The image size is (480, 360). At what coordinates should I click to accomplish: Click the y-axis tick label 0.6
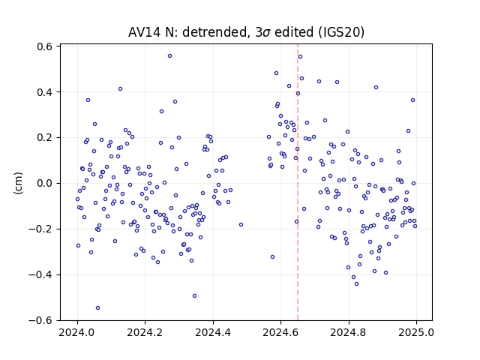pyautogui.click(x=44, y=46)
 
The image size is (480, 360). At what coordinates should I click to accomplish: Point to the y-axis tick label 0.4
pyautogui.click(x=44, y=92)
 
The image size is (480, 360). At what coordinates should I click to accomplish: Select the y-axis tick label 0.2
pyautogui.click(x=44, y=138)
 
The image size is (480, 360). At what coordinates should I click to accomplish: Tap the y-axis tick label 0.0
pyautogui.click(x=44, y=183)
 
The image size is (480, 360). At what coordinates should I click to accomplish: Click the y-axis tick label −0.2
pyautogui.click(x=40, y=229)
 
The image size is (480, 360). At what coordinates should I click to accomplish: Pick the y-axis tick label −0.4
pyautogui.click(x=40, y=275)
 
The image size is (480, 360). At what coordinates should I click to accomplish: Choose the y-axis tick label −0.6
pyautogui.click(x=40, y=320)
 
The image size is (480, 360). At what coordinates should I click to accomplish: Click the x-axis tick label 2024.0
pyautogui.click(x=78, y=332)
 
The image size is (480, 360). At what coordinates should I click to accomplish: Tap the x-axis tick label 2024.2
pyautogui.click(x=145, y=332)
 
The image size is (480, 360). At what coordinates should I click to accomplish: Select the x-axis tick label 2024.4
pyautogui.click(x=213, y=332)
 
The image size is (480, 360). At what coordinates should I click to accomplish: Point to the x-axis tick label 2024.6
pyautogui.click(x=280, y=332)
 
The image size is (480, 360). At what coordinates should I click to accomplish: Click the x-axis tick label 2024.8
pyautogui.click(x=348, y=332)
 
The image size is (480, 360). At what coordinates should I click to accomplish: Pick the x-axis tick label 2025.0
pyautogui.click(x=416, y=332)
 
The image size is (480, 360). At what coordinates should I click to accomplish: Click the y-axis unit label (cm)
pyautogui.click(x=18, y=183)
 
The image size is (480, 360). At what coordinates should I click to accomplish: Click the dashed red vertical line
pyautogui.click(x=298, y=182)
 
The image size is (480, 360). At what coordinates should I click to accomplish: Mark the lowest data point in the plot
pyautogui.click(x=98, y=308)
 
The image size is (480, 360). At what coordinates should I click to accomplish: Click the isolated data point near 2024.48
pyautogui.click(x=241, y=225)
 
